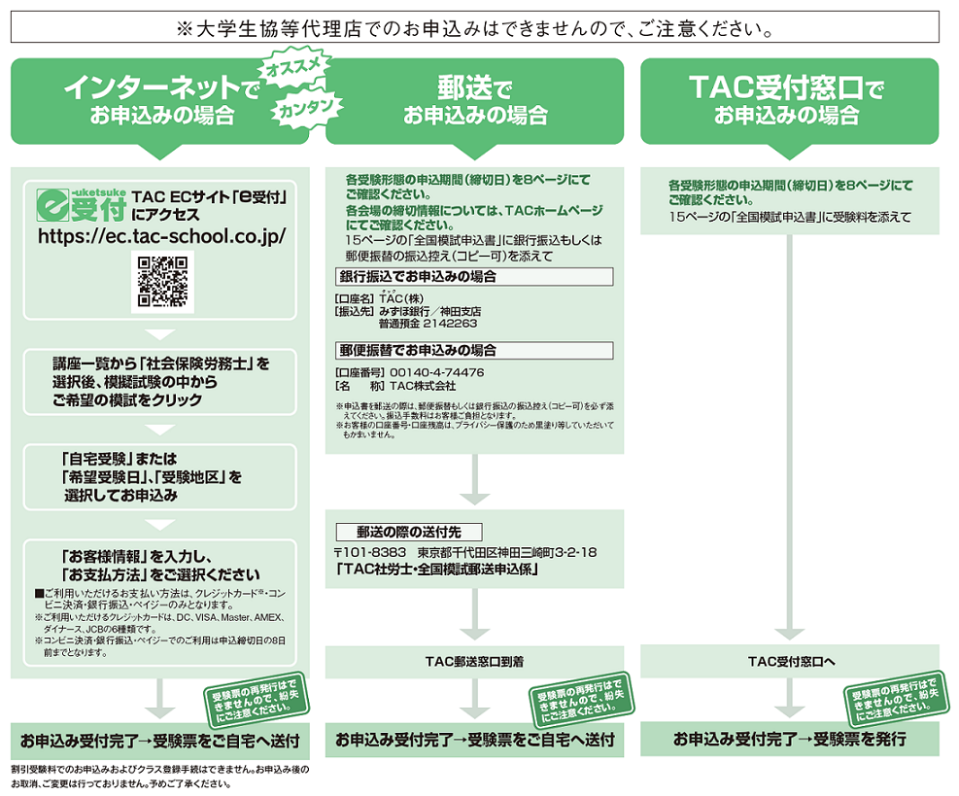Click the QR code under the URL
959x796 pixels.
click(x=162, y=282)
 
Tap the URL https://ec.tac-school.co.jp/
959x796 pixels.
click(x=161, y=236)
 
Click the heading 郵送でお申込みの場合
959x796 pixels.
click(x=474, y=101)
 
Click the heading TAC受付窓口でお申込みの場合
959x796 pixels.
click(x=788, y=101)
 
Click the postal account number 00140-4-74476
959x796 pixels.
click(x=436, y=372)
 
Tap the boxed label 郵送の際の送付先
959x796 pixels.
click(x=407, y=532)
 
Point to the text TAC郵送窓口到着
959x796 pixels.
click(x=474, y=662)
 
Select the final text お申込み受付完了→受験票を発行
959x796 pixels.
click(x=790, y=740)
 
